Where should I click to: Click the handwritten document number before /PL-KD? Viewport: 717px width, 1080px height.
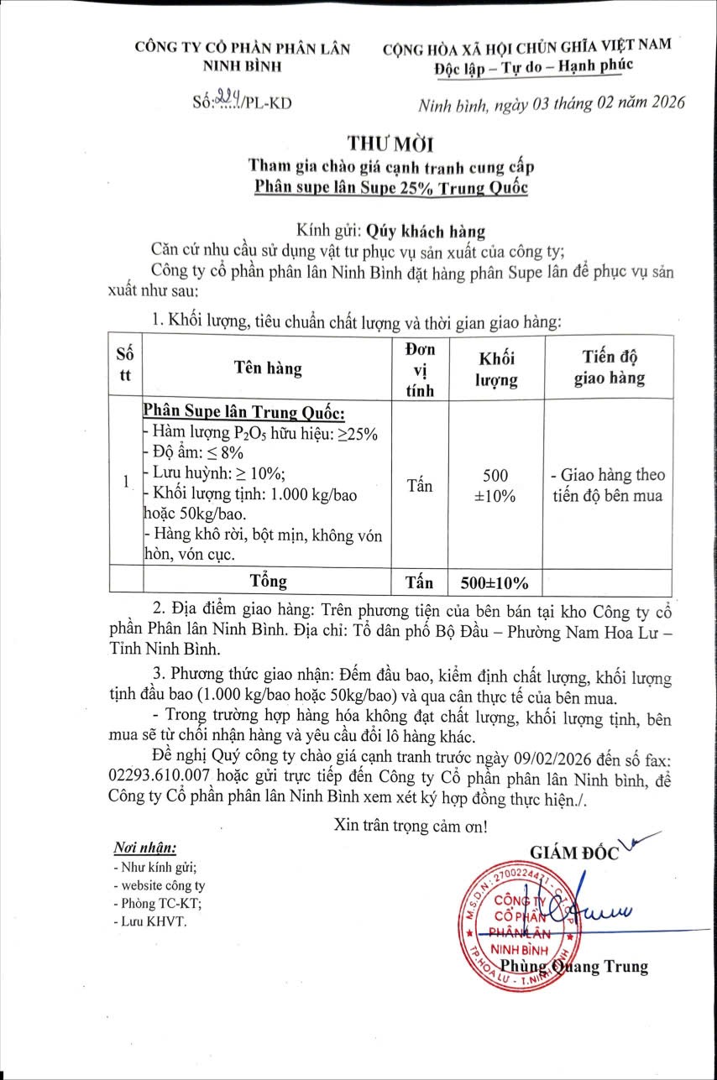[x=228, y=102]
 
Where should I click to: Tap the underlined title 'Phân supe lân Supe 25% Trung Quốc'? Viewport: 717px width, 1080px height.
[x=392, y=186]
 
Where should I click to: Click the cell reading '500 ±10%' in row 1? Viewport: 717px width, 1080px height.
[x=498, y=485]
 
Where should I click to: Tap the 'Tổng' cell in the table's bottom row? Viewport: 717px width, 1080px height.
[x=269, y=581]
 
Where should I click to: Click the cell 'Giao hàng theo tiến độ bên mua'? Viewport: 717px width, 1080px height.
[x=609, y=485]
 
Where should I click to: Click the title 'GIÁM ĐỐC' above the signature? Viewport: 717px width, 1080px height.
[x=574, y=853]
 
